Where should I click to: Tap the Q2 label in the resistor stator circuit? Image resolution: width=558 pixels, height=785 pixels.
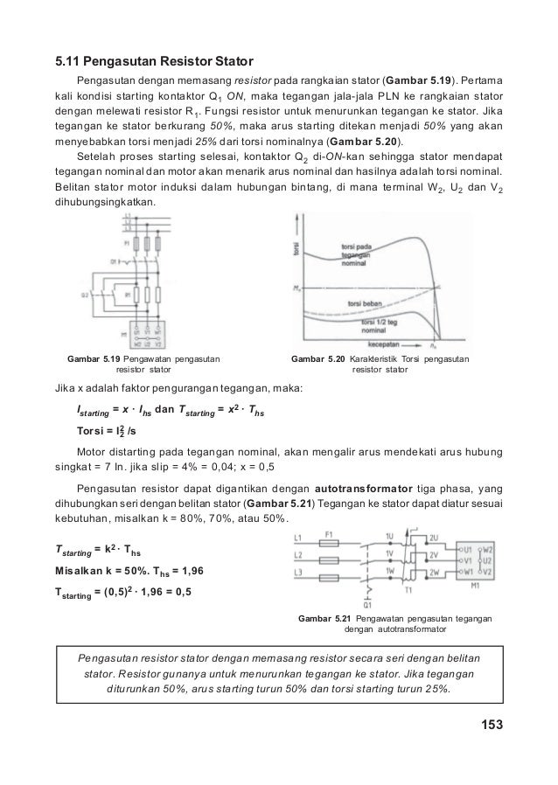click(x=85, y=295)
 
